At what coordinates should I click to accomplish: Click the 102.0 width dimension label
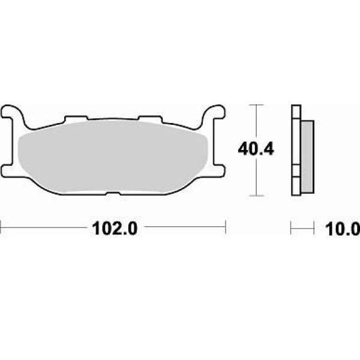(115, 229)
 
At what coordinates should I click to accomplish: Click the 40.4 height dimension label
(256, 149)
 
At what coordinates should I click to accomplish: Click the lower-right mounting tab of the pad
(219, 170)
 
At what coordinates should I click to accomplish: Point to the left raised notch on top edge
(76, 118)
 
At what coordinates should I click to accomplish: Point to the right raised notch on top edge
(150, 118)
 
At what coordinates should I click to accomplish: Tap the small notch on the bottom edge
(113, 193)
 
